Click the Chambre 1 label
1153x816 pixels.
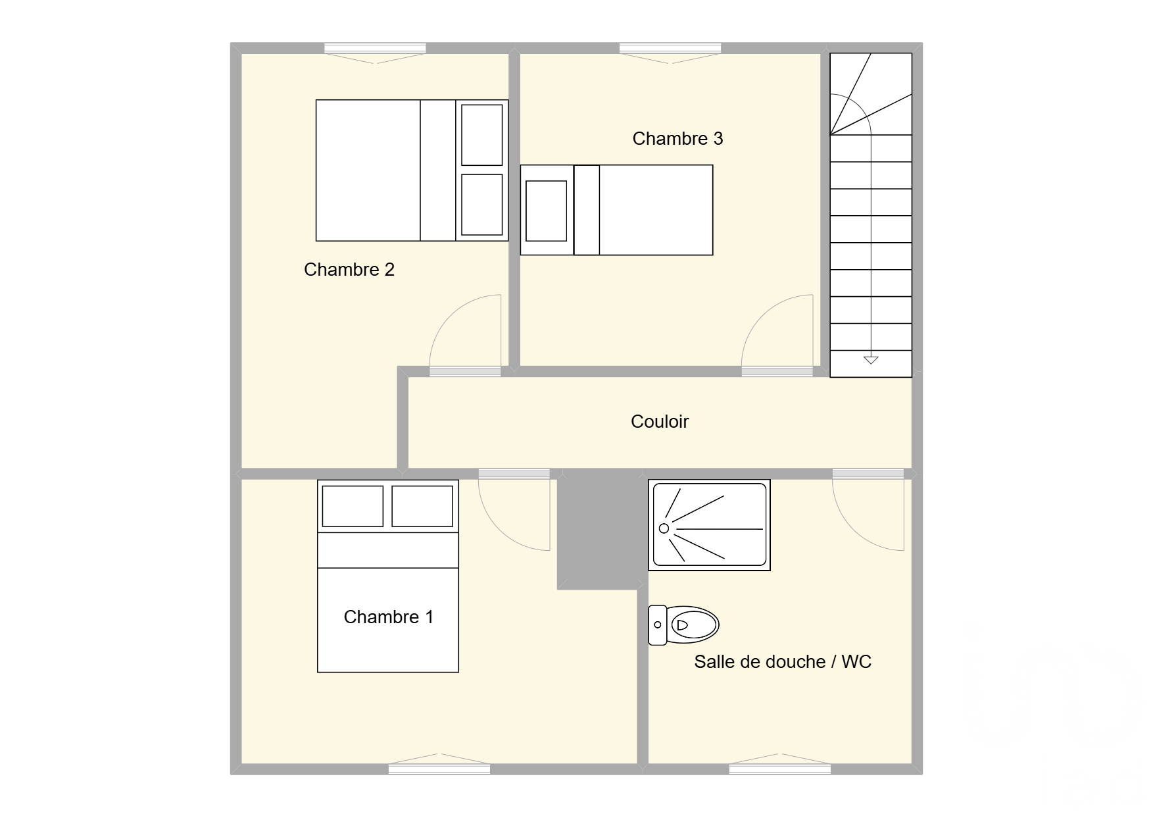click(388, 617)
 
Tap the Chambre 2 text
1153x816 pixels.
click(349, 269)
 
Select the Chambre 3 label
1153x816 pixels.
click(677, 138)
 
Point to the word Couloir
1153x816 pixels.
click(659, 421)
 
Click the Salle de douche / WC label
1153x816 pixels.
click(783, 661)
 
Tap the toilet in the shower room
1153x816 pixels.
click(683, 625)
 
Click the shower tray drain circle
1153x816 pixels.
click(664, 528)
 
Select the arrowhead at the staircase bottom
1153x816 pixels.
click(871, 360)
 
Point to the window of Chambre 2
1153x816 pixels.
click(375, 48)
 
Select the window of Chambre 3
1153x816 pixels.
click(670, 48)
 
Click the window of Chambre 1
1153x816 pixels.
click(439, 769)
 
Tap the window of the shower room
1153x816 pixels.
click(780, 769)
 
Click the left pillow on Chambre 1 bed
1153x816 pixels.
click(353, 506)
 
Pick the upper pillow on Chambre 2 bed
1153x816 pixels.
click(482, 135)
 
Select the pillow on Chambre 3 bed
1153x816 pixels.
click(546, 211)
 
